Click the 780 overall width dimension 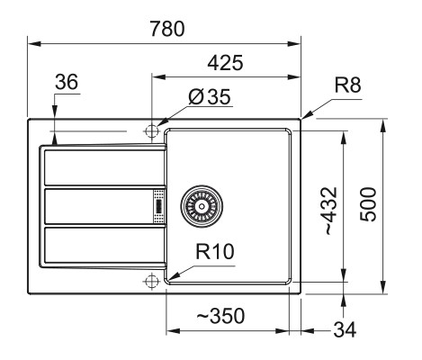click(x=167, y=29)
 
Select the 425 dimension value click(x=225, y=63)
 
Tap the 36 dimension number click(x=67, y=82)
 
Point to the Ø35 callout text click(x=210, y=96)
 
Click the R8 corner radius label click(x=347, y=85)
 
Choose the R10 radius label click(x=215, y=251)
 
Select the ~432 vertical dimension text click(x=330, y=211)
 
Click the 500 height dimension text click(x=368, y=204)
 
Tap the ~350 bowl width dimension click(x=220, y=316)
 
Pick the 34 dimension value click(x=345, y=329)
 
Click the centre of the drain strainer click(x=202, y=206)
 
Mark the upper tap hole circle click(x=151, y=131)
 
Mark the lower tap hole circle click(x=151, y=281)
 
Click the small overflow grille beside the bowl click(x=158, y=206)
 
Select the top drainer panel click(x=104, y=167)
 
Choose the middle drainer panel click(x=99, y=206)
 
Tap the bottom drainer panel click(x=104, y=245)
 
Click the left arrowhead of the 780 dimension click(x=34, y=43)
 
